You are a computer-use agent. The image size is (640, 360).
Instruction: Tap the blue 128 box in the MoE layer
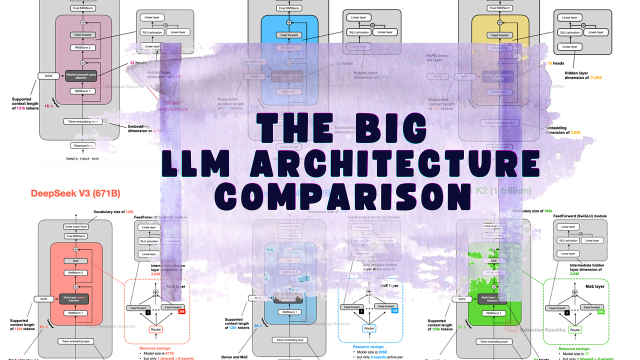point(394,311)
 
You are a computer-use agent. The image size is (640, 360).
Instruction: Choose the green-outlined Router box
point(575,330)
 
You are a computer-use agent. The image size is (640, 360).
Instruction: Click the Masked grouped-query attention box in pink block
point(79,74)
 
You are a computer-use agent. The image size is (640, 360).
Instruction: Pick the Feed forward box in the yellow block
point(500,35)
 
